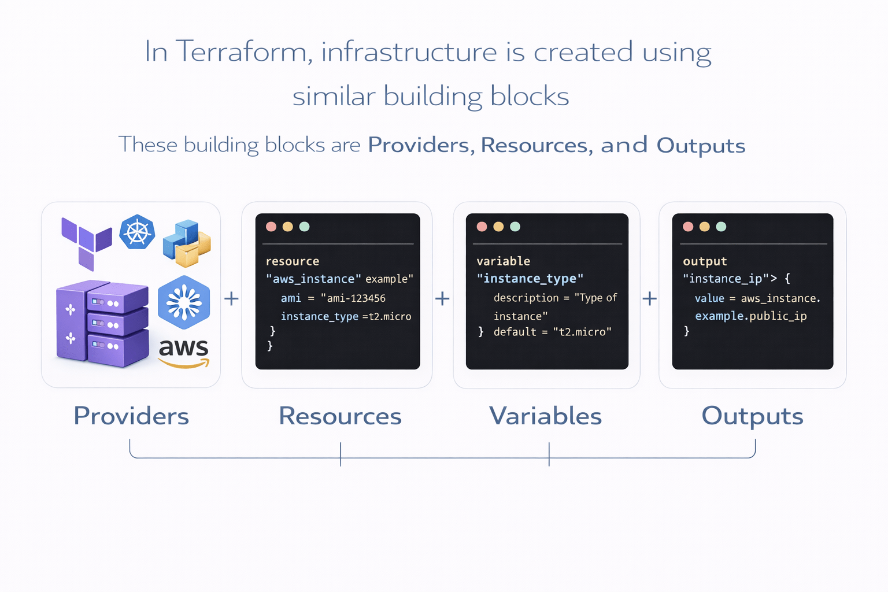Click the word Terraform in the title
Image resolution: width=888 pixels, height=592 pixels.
(x=241, y=52)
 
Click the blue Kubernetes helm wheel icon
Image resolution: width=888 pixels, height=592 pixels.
(x=137, y=232)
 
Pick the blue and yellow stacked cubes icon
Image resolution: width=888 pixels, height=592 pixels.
(x=187, y=243)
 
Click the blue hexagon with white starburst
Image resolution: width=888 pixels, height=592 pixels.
(x=184, y=302)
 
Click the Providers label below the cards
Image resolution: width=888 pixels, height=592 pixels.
(x=131, y=416)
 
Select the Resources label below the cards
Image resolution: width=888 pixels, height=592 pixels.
(x=340, y=416)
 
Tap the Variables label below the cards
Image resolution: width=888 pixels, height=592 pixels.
(x=545, y=416)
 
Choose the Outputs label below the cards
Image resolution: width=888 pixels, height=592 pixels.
(x=752, y=416)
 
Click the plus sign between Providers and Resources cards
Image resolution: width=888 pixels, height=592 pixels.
(x=231, y=299)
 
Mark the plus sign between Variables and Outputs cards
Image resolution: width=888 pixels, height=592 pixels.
(x=650, y=299)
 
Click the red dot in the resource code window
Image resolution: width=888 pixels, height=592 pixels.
(x=271, y=227)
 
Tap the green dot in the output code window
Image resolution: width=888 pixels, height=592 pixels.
(x=721, y=227)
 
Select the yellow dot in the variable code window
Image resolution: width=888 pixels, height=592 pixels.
(x=498, y=227)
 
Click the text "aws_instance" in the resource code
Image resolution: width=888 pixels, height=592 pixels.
(x=313, y=279)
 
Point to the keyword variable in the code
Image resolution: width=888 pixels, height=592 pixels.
(x=503, y=261)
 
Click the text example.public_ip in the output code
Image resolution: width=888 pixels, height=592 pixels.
(x=750, y=316)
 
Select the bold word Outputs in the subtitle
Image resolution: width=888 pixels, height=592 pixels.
(x=701, y=146)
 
